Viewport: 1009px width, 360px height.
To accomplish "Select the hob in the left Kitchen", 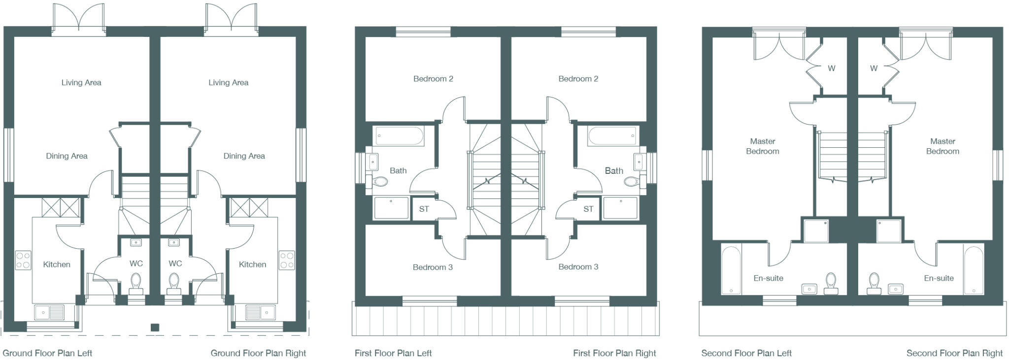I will click(x=23, y=260).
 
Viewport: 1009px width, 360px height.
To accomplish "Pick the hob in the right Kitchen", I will click(x=287, y=260).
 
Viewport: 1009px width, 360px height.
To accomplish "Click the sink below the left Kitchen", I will click(x=49, y=312).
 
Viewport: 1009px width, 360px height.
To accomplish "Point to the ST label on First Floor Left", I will click(x=424, y=209).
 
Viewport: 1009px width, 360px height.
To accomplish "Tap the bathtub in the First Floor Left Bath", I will click(x=399, y=136).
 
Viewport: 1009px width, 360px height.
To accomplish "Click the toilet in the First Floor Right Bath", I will click(x=631, y=182).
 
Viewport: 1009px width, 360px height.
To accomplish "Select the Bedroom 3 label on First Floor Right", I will click(x=578, y=267).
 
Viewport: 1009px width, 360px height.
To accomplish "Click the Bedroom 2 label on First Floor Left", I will click(x=433, y=79).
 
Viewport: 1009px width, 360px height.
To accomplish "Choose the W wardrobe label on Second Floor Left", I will click(x=832, y=68).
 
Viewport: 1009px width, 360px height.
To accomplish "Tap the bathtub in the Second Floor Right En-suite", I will click(x=973, y=269).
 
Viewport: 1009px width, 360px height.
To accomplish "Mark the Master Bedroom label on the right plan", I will click(x=942, y=146).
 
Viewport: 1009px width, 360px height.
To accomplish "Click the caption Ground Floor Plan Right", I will click(x=258, y=353).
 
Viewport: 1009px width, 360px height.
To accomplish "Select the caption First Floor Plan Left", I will click(x=393, y=353).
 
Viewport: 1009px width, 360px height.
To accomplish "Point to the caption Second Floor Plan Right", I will click(x=954, y=353).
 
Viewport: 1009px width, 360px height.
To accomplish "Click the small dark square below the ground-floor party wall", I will click(x=155, y=327).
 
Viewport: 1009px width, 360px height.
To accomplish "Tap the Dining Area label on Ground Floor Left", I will click(x=67, y=156).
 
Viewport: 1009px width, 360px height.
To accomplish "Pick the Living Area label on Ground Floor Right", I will click(x=228, y=83).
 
